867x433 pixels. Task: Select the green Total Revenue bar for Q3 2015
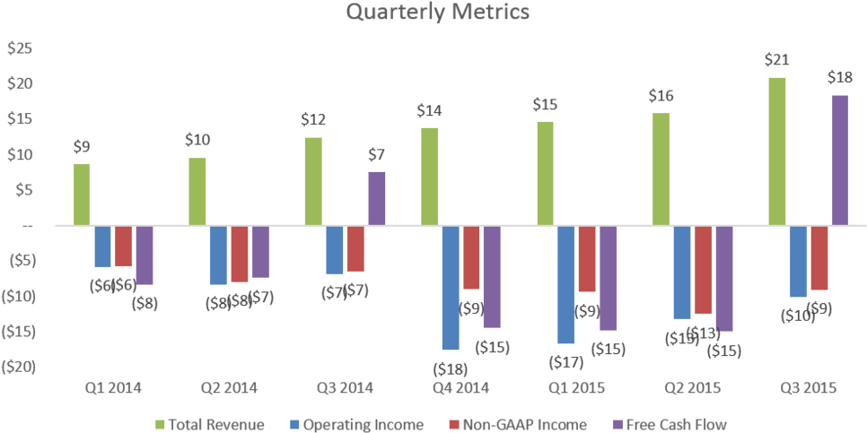tap(777, 151)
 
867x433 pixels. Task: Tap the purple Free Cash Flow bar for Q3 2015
tap(840, 160)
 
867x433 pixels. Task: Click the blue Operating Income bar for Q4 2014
tap(451, 287)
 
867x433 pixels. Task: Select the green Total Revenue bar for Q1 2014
tap(82, 194)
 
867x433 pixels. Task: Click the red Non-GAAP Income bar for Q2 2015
tap(704, 270)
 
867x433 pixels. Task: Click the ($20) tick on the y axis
tap(18, 367)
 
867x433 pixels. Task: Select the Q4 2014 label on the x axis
tap(462, 388)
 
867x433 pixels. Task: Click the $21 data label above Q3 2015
tap(776, 60)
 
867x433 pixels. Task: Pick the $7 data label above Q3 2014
tap(377, 155)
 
